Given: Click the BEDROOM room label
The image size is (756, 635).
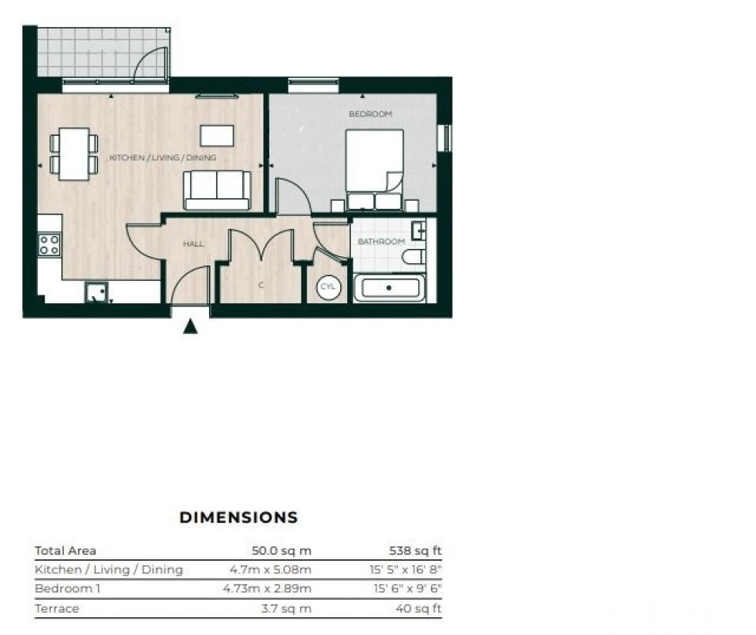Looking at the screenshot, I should point(370,114).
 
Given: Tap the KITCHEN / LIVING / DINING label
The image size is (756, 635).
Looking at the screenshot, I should point(163,158).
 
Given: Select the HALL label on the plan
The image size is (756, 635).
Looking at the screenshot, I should point(193,244).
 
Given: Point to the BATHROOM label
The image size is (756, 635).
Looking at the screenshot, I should point(381,242).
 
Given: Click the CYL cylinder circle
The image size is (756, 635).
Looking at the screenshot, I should point(327,287).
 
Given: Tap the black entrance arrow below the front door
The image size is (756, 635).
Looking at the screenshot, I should point(190,327).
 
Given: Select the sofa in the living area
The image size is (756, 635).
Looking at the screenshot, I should point(217,190).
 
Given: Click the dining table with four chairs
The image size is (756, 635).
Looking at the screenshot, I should point(74,154).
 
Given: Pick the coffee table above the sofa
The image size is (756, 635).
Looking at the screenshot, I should point(217,136).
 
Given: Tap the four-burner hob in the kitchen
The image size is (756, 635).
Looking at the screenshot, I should point(49,245).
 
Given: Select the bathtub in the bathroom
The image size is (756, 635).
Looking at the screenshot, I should point(389,288).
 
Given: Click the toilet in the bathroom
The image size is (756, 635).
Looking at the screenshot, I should point(414,257).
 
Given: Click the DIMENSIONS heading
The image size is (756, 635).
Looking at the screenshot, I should point(238,518).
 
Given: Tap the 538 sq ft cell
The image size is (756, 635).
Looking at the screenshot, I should point(417,551).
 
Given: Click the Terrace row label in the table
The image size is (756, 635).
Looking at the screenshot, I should point(56,609).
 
